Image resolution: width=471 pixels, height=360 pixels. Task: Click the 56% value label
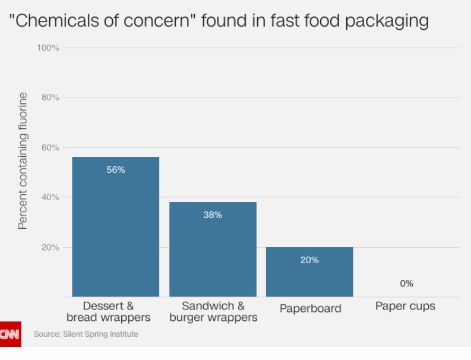[x=115, y=170]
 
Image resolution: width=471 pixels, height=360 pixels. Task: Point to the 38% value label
[x=213, y=215]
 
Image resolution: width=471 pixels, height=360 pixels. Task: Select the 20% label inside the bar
[x=309, y=260]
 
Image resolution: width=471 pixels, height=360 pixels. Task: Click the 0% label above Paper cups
[x=406, y=284]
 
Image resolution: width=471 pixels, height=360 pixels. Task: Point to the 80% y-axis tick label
[x=50, y=97]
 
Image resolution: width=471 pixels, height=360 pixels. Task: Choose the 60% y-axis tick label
[x=50, y=147]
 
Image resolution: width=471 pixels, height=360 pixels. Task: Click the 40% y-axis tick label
[x=50, y=197]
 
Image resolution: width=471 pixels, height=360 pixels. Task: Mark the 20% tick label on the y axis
[x=50, y=247]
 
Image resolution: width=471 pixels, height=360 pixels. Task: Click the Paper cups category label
[x=405, y=307]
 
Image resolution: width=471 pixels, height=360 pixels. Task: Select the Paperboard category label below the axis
[x=310, y=308]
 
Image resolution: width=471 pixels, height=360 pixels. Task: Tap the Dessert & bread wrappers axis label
[x=116, y=312]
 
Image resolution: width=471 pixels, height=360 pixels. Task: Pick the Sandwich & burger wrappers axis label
[x=213, y=312]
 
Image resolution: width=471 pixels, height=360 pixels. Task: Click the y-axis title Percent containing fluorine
[x=23, y=160]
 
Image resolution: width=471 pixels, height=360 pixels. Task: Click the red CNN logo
[x=10, y=334]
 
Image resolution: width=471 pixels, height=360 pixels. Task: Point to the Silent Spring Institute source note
[x=86, y=334]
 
